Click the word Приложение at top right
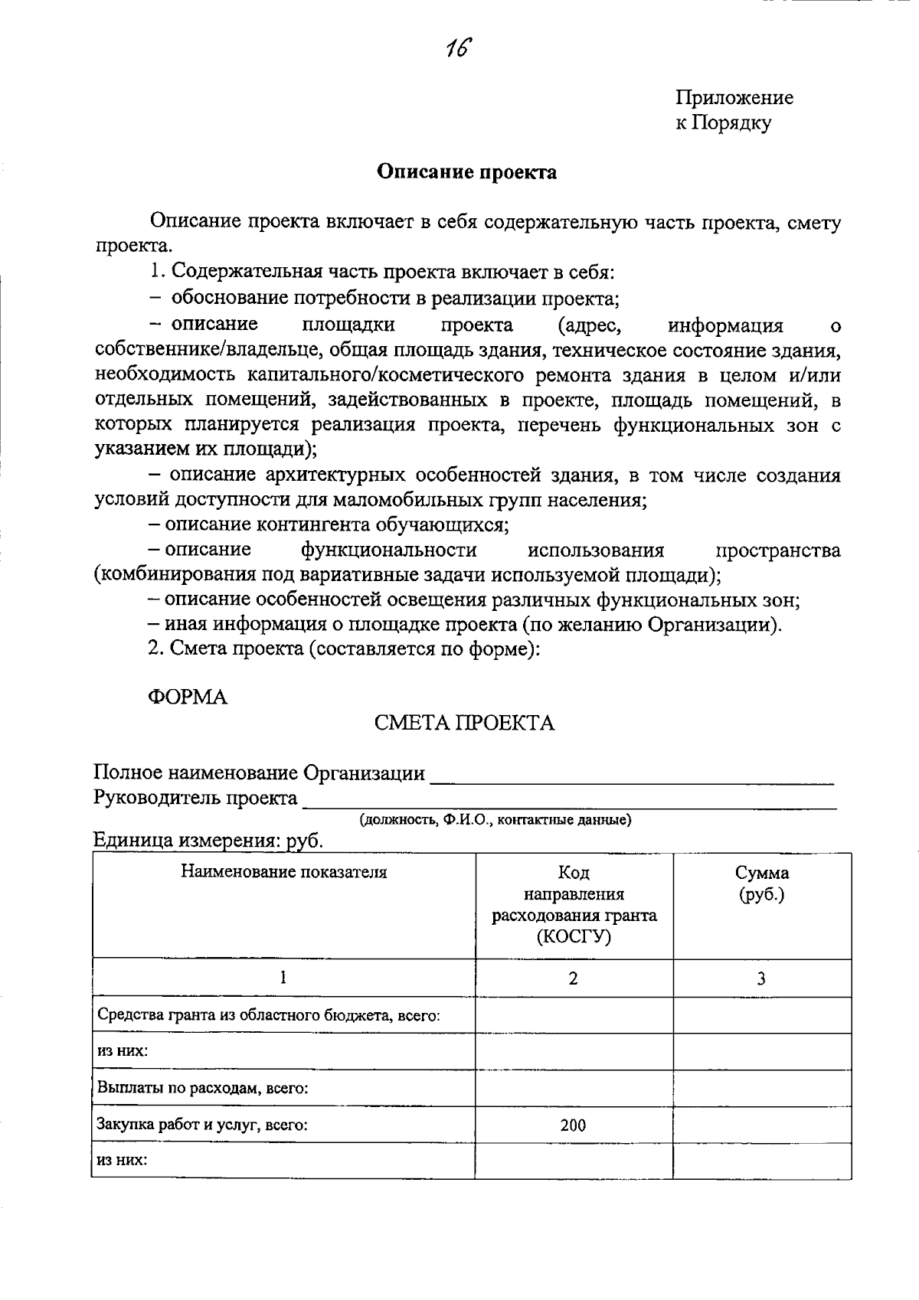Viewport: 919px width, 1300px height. pos(734,98)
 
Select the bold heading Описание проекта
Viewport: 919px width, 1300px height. pos(466,172)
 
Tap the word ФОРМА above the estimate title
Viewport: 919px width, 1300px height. pos(188,697)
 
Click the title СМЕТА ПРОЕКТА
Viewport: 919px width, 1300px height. pos(464,723)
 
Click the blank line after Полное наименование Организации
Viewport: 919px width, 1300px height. pos(632,779)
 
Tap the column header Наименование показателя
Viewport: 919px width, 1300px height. pos(283,872)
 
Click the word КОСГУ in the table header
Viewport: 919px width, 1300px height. pos(574,936)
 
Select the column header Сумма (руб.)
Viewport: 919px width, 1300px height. pos(762,884)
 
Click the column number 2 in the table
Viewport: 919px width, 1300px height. pos(574,978)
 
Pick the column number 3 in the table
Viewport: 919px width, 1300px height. pos(761,978)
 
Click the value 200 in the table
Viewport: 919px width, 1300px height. pos(573,1125)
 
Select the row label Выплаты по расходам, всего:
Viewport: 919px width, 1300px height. pos(202,1088)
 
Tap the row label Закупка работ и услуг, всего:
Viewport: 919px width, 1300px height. pos(202,1125)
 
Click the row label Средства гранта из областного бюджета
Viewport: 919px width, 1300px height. pos(268,1015)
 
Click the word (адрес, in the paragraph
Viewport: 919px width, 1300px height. pos(590,325)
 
